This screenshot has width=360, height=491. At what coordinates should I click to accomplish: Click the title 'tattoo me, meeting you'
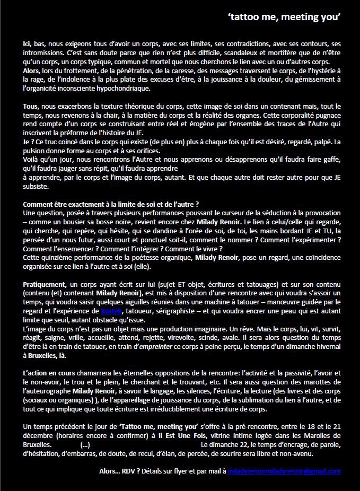[x=284, y=17]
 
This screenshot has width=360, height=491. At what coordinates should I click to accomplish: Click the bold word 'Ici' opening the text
[x=28, y=43]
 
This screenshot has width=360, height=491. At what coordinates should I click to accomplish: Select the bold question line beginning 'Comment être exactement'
[x=111, y=205]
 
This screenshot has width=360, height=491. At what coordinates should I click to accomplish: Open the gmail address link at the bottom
[x=283, y=471]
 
